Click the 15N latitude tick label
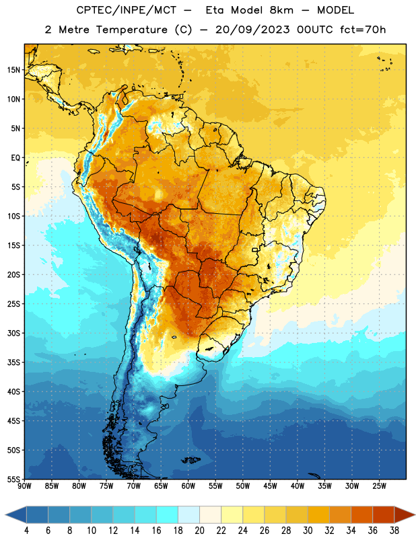(13, 70)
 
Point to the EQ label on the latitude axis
(15, 158)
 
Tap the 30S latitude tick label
(13, 333)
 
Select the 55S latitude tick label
(13, 479)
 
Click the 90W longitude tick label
(24, 486)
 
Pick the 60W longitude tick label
(188, 486)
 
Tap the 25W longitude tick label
(379, 486)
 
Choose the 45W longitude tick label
(270, 486)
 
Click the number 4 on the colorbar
(26, 531)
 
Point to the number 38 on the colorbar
(394, 531)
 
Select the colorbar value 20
(199, 531)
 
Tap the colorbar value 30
(308, 531)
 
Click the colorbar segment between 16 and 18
(167, 514)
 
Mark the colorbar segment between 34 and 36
(361, 514)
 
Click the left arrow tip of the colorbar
(5, 514)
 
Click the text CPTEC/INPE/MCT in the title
(127, 10)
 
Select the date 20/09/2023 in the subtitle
(252, 30)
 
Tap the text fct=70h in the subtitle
(363, 30)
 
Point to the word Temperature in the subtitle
(131, 30)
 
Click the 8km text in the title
(281, 10)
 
